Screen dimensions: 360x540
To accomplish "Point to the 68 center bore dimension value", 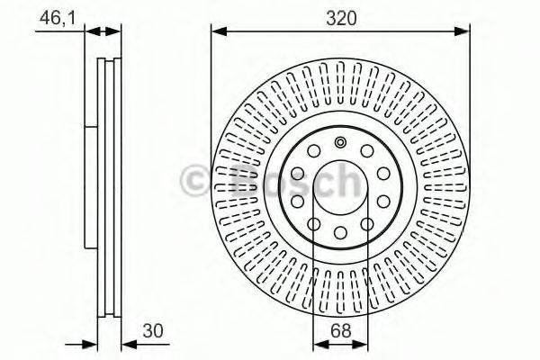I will (x=340, y=330).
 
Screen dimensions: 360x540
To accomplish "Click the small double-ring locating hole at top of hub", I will (x=340, y=142).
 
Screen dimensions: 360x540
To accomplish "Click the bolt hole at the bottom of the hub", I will (x=340, y=235).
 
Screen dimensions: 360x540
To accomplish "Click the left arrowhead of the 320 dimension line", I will (x=217, y=31).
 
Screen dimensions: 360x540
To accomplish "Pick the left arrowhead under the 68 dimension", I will (x=316, y=346).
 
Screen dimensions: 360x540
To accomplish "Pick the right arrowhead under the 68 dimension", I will (x=364, y=346).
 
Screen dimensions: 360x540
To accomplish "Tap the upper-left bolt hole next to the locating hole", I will (x=313, y=152).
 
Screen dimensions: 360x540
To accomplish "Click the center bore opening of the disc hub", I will (x=340, y=189).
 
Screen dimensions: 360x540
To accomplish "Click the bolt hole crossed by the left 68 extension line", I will (x=313, y=225).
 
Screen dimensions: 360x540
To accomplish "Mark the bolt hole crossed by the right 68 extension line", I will (x=367, y=225).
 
